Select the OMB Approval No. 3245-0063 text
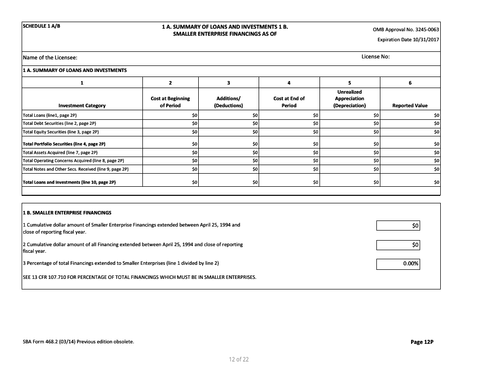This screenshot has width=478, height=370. tap(406, 29)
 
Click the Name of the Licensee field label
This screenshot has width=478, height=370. tap(50, 58)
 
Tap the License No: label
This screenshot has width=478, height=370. tap(375, 56)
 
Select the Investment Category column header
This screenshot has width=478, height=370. tap(82, 106)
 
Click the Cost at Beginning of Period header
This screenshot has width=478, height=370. tap(170, 102)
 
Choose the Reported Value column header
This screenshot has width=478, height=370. tap(410, 106)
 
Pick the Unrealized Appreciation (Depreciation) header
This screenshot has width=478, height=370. tap(349, 99)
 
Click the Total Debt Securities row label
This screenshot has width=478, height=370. tap(59, 123)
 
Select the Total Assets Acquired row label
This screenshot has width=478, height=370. tap(60, 152)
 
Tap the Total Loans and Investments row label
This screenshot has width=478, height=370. tap(69, 182)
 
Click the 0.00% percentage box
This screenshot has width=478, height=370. tap(398, 264)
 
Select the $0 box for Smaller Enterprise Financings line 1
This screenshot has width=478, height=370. tap(398, 226)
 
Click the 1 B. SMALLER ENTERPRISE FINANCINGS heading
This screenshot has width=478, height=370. tap(67, 212)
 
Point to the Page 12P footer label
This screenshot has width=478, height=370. tap(422, 342)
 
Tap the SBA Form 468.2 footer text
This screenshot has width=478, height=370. tap(78, 342)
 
